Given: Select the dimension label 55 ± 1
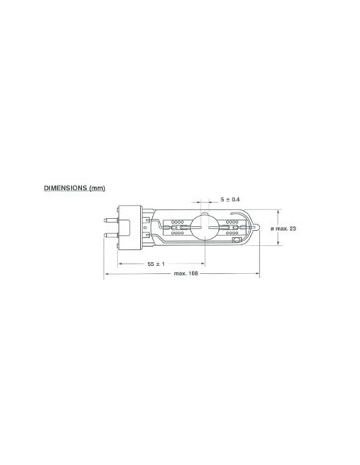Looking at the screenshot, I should (155, 263).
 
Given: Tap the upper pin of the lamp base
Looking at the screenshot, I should (112, 219).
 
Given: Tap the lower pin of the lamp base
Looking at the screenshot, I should (112, 236).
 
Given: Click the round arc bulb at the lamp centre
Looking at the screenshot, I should (203, 229).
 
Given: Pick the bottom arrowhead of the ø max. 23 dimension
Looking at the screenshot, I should (278, 245).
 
